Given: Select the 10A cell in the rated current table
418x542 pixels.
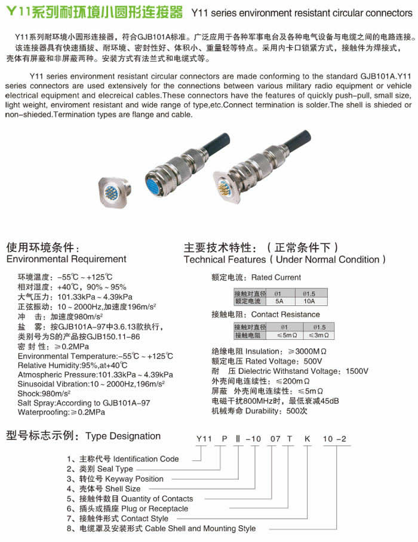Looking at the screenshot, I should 309,301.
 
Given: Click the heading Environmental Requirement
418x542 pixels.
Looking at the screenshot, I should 66,259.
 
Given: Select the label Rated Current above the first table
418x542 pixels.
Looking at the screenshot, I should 276,277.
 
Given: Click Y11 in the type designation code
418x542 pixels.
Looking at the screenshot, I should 205,440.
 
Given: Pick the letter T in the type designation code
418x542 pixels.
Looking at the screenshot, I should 290,440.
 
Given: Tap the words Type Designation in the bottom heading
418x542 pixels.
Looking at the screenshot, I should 123,436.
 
